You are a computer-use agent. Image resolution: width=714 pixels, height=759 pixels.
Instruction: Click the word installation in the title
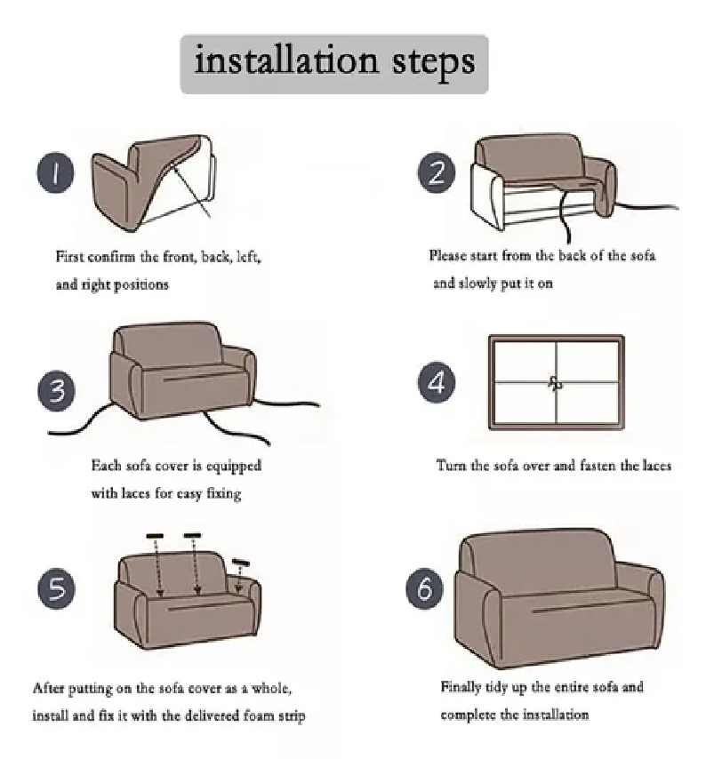pyautogui.click(x=285, y=60)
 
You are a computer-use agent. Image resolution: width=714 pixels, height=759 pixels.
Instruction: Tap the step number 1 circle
pyautogui.click(x=56, y=172)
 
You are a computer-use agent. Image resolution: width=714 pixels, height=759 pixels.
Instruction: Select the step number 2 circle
pyautogui.click(x=437, y=172)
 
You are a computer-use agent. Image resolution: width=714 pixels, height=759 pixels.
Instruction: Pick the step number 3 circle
pyautogui.click(x=56, y=391)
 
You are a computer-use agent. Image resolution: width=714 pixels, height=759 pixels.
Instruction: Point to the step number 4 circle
pyautogui.click(x=437, y=382)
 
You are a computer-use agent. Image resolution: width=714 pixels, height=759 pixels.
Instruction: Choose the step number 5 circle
pyautogui.click(x=56, y=588)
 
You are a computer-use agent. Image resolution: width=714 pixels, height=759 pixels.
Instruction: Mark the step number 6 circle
pyautogui.click(x=424, y=588)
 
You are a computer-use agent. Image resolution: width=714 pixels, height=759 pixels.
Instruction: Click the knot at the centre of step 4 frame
pyautogui.click(x=556, y=383)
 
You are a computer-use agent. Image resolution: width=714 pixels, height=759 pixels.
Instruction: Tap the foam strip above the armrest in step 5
pyautogui.click(x=241, y=563)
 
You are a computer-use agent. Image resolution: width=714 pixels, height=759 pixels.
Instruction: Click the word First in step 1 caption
pyautogui.click(x=68, y=256)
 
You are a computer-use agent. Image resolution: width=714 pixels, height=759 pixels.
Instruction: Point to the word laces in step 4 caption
pyautogui.click(x=657, y=466)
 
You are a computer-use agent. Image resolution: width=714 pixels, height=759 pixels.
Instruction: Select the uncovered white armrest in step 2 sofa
pyautogui.click(x=487, y=196)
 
